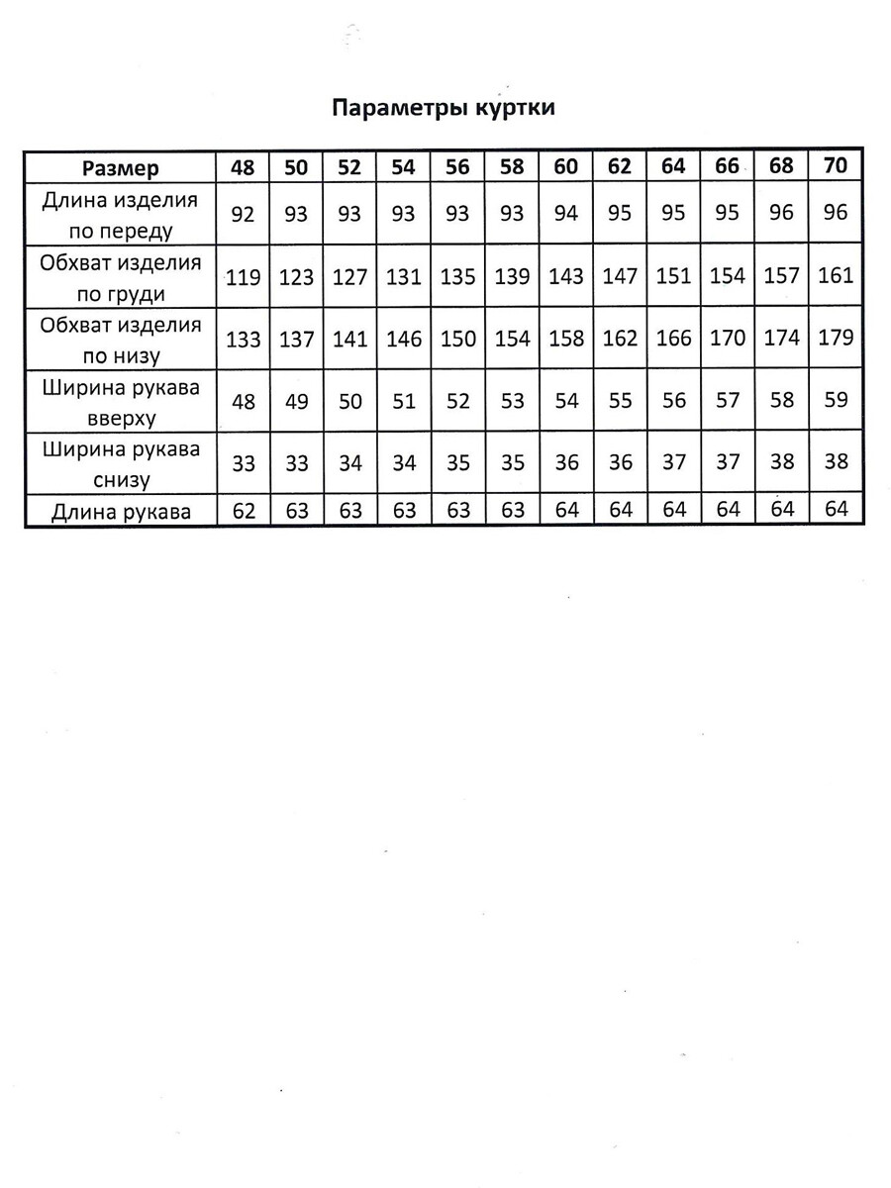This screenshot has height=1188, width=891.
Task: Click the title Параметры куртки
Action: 443,108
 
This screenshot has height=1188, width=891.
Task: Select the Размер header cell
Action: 120,167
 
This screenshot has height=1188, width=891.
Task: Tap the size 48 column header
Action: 243,166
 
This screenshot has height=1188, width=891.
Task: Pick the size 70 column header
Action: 836,165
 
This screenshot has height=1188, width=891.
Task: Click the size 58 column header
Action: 512,166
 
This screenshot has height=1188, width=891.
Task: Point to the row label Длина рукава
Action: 120,512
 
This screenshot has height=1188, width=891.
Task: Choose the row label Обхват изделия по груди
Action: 120,278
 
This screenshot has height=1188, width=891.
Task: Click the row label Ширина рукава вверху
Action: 120,402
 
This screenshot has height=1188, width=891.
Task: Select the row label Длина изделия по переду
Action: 120,215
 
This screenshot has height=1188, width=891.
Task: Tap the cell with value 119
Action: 243,276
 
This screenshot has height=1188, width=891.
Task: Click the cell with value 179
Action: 836,338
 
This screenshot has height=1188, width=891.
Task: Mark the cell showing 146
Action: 403,339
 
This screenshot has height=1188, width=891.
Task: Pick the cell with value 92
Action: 243,213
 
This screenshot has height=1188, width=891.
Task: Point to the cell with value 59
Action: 836,400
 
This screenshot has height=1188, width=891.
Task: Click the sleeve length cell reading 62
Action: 243,511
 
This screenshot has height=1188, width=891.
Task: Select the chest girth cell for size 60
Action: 565,276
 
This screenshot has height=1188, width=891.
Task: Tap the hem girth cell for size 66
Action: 727,339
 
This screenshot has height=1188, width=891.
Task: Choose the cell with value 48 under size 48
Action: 243,401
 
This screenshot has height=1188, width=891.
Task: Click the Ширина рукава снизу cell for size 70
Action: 836,462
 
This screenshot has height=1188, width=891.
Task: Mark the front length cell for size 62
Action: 619,213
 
